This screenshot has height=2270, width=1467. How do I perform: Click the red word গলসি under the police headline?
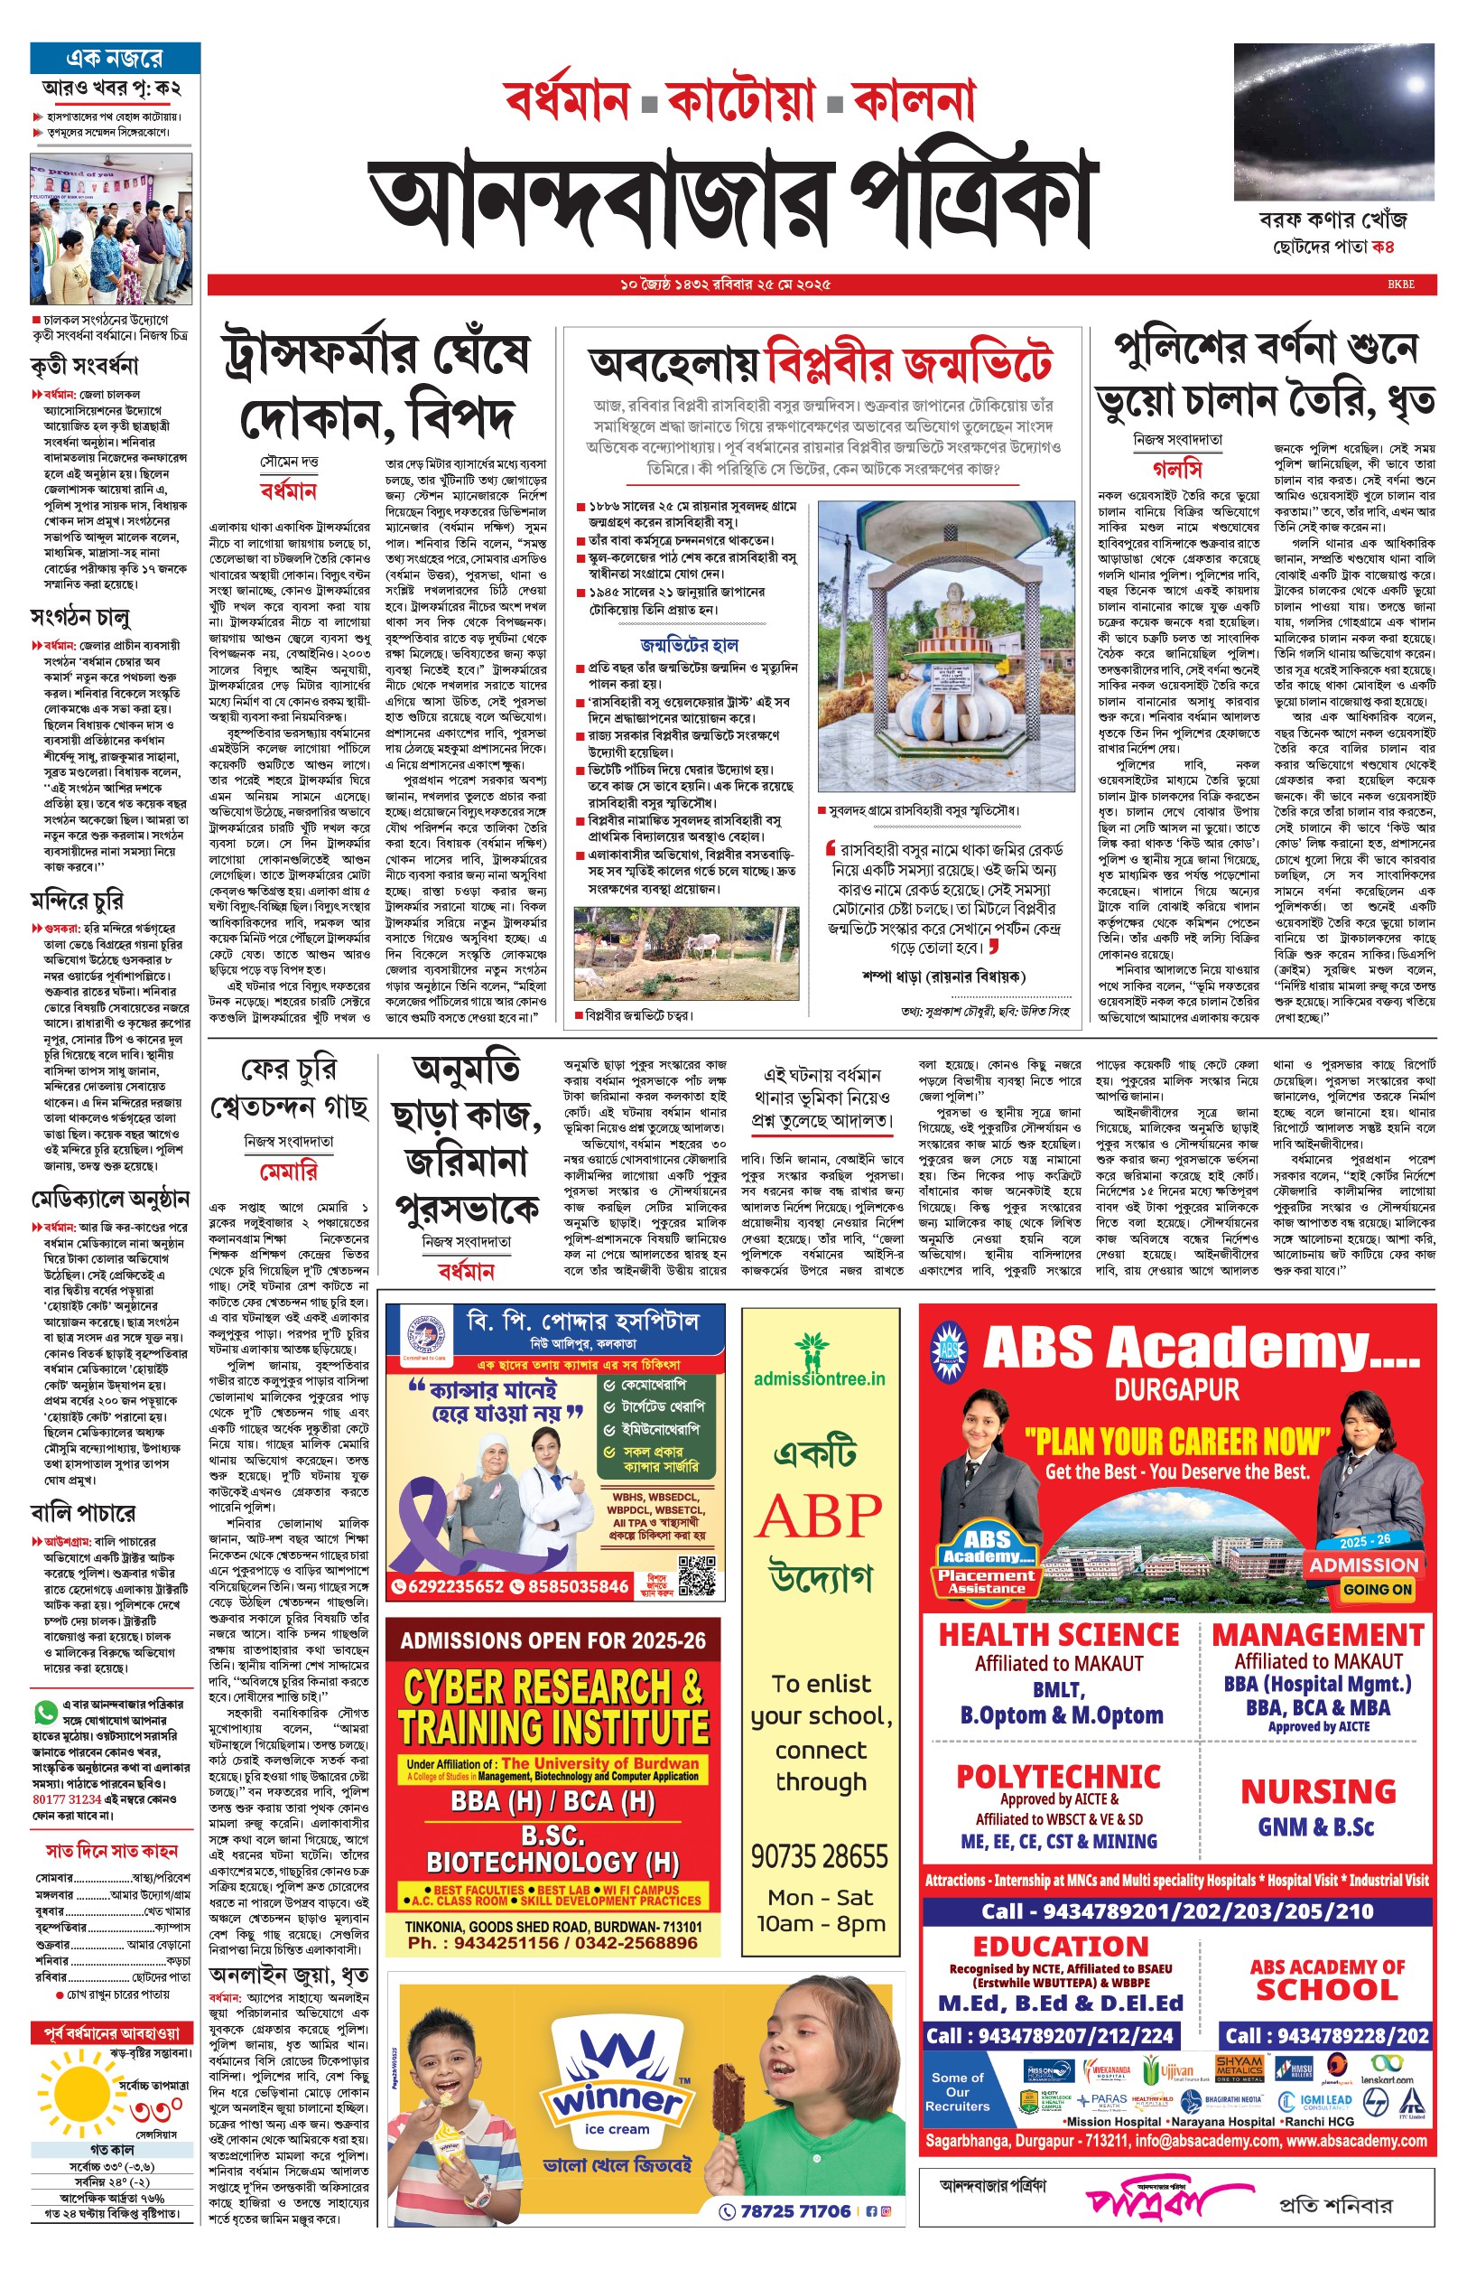click(1177, 470)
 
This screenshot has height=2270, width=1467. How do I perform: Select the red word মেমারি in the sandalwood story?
click(289, 1171)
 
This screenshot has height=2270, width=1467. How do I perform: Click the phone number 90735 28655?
click(819, 1856)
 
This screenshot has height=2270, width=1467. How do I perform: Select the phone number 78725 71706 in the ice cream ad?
click(795, 2211)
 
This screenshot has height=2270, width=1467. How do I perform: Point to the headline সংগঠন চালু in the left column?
click(80, 618)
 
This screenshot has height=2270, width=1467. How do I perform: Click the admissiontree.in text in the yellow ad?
click(819, 1379)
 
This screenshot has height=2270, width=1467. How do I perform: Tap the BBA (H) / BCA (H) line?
click(553, 1801)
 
